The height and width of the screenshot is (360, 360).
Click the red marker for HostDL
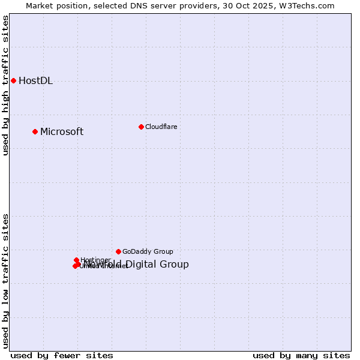pos(13,80)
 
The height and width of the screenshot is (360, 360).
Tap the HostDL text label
pos(35,81)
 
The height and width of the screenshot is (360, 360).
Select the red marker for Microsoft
pos(35,131)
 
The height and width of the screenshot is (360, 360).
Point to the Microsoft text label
pos(62,132)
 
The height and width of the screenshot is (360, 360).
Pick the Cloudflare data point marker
pos(141,127)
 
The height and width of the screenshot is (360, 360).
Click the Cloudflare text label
pos(161,127)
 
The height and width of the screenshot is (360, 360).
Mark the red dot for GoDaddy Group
pos(118,251)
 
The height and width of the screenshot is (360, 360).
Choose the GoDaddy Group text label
pos(148,252)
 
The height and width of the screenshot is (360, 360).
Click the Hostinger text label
pos(95,260)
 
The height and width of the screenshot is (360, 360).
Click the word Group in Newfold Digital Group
pos(175,265)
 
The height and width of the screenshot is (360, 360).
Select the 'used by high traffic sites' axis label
pos(6,85)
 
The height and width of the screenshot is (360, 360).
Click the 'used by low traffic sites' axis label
pos(6,281)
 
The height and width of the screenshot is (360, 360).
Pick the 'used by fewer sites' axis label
pos(62,356)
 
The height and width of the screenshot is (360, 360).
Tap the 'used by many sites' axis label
pos(301,356)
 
